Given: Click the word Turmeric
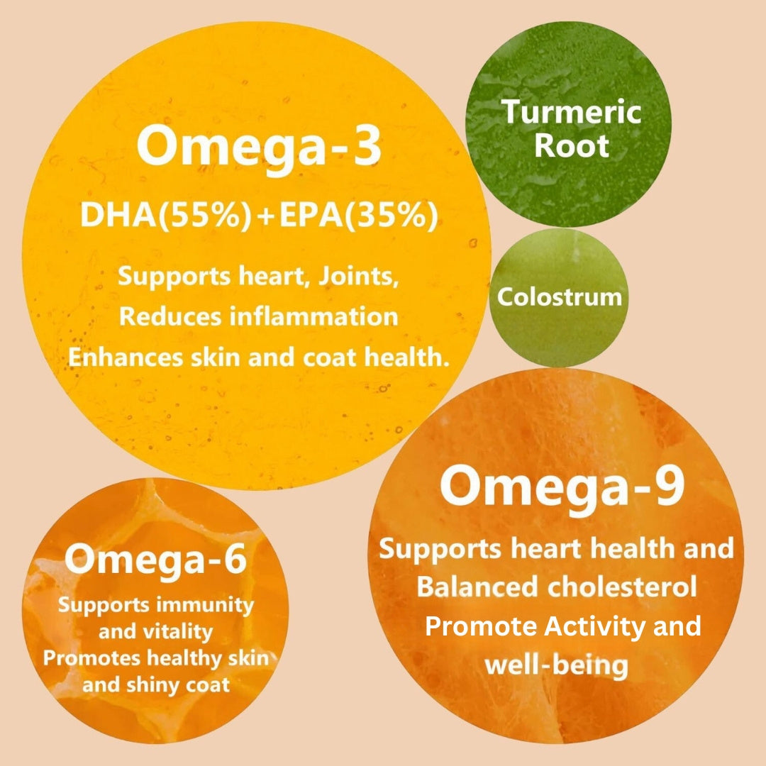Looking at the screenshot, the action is pos(571,111).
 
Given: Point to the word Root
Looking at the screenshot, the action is pos(572,145).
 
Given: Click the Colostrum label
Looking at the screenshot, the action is pos(560,296).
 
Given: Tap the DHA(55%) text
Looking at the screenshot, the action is pos(166,215).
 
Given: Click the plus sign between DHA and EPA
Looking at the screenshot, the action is pos(266,216).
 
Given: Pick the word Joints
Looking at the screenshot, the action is pos(359,277).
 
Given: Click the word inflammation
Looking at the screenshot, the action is pos(313,316).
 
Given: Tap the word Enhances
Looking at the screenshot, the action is pos(126,357).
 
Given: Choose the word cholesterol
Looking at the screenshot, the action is pos(622,587).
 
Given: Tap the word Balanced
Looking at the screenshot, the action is pos(477,587).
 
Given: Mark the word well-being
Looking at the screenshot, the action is pos(557,665).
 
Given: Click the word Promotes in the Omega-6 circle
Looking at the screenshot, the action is pos(91,658).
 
